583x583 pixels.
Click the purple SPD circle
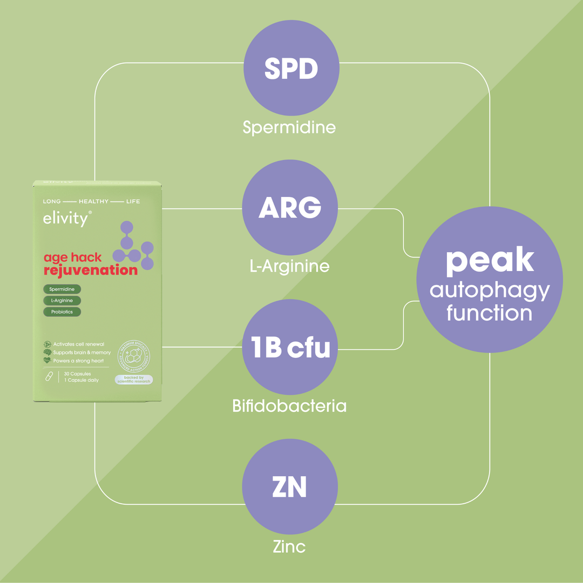click(291, 69)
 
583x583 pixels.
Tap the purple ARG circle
click(290, 208)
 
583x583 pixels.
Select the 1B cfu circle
click(290, 347)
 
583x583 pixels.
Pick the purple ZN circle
click(290, 486)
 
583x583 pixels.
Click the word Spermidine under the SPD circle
click(289, 127)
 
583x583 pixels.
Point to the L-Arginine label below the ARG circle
click(289, 266)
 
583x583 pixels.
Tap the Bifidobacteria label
click(289, 405)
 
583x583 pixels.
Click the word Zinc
click(289, 546)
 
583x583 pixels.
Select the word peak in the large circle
click(490, 260)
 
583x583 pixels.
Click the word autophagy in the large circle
click(490, 291)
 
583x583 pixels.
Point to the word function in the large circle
click(490, 313)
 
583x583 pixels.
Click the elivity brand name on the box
click(65, 219)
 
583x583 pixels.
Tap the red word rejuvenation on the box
click(91, 270)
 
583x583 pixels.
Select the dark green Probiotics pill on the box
click(62, 311)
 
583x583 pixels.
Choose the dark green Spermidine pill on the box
click(62, 289)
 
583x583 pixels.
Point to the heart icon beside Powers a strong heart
click(48, 360)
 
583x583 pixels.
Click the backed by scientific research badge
click(134, 379)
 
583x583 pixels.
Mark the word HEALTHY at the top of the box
click(93, 201)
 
